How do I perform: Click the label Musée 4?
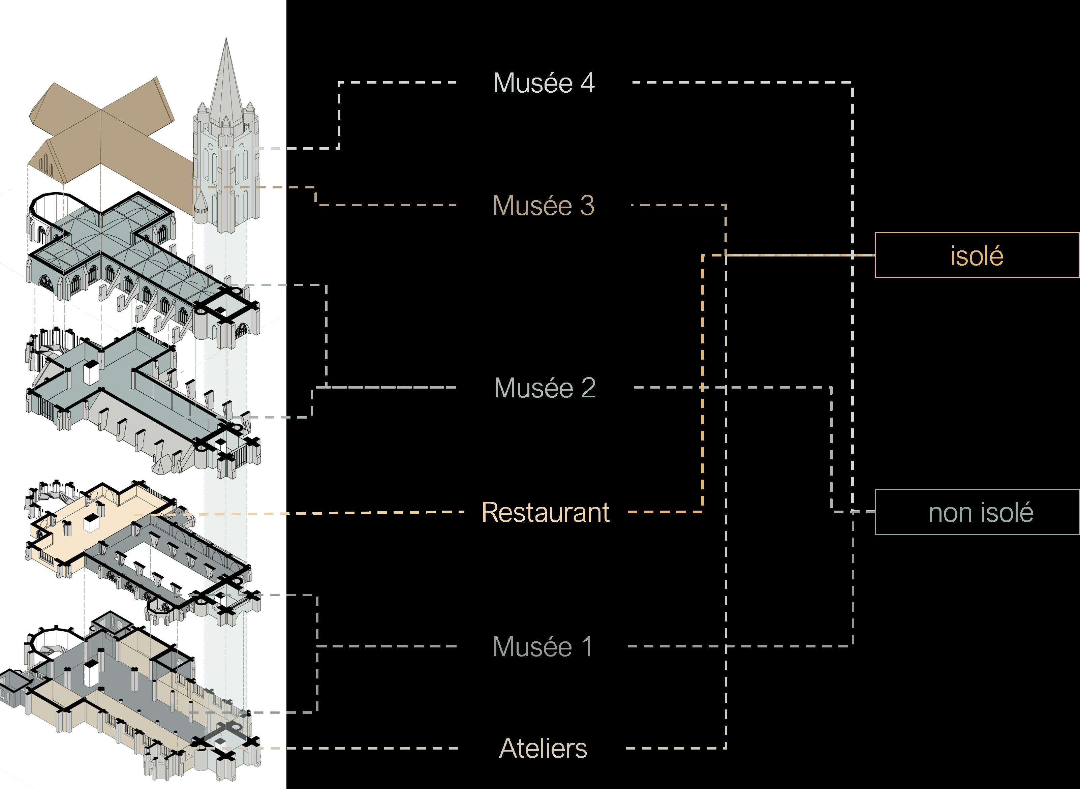click(544, 83)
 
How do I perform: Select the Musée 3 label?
click(543, 206)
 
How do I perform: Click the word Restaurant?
click(545, 513)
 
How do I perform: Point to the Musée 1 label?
click(543, 647)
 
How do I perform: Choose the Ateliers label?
click(543, 749)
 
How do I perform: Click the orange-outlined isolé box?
click(977, 255)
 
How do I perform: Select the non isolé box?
click(977, 512)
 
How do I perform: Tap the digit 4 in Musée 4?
click(587, 83)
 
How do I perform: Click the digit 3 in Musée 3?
click(587, 206)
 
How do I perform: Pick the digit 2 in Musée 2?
click(588, 388)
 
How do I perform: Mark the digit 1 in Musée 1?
click(586, 647)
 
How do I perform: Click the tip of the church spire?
click(226, 40)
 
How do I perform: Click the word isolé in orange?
click(977, 256)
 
